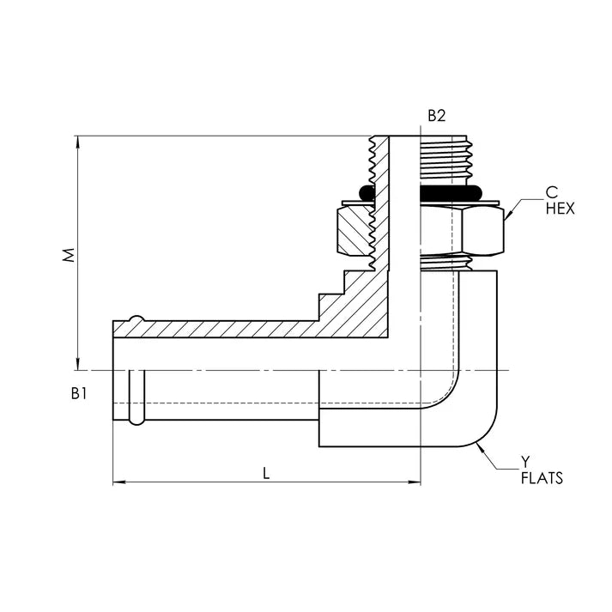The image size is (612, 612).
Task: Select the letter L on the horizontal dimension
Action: (x=266, y=473)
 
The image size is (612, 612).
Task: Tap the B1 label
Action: (x=80, y=393)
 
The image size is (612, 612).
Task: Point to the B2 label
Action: (x=438, y=115)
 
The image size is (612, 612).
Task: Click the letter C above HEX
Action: (x=550, y=193)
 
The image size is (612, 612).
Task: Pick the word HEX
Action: (x=560, y=209)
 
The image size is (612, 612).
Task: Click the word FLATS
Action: (x=542, y=478)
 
